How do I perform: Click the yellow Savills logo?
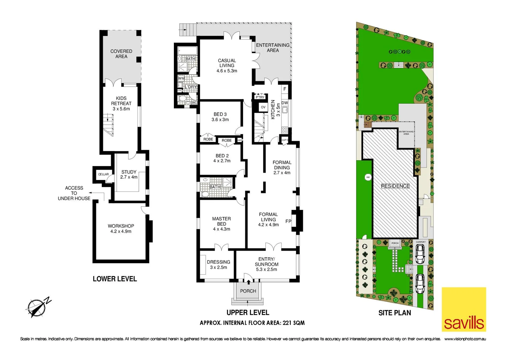coord(464,309)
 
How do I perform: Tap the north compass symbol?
coord(36,307)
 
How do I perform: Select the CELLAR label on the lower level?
coord(103,174)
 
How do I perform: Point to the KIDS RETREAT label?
coord(121,103)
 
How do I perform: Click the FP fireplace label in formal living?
coord(288,221)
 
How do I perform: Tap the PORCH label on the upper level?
coord(248,291)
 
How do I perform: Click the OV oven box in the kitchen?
coord(263,107)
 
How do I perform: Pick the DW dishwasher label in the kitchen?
coord(285,103)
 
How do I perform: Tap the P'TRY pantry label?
coord(260,97)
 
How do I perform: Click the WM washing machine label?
coord(181,78)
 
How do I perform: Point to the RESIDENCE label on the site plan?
coord(395,186)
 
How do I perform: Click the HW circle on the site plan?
coord(368,177)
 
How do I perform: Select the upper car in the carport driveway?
coord(420,254)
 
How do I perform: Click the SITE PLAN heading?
coord(395,313)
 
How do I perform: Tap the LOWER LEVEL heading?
coord(115,279)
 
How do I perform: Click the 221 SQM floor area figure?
coord(293,323)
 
